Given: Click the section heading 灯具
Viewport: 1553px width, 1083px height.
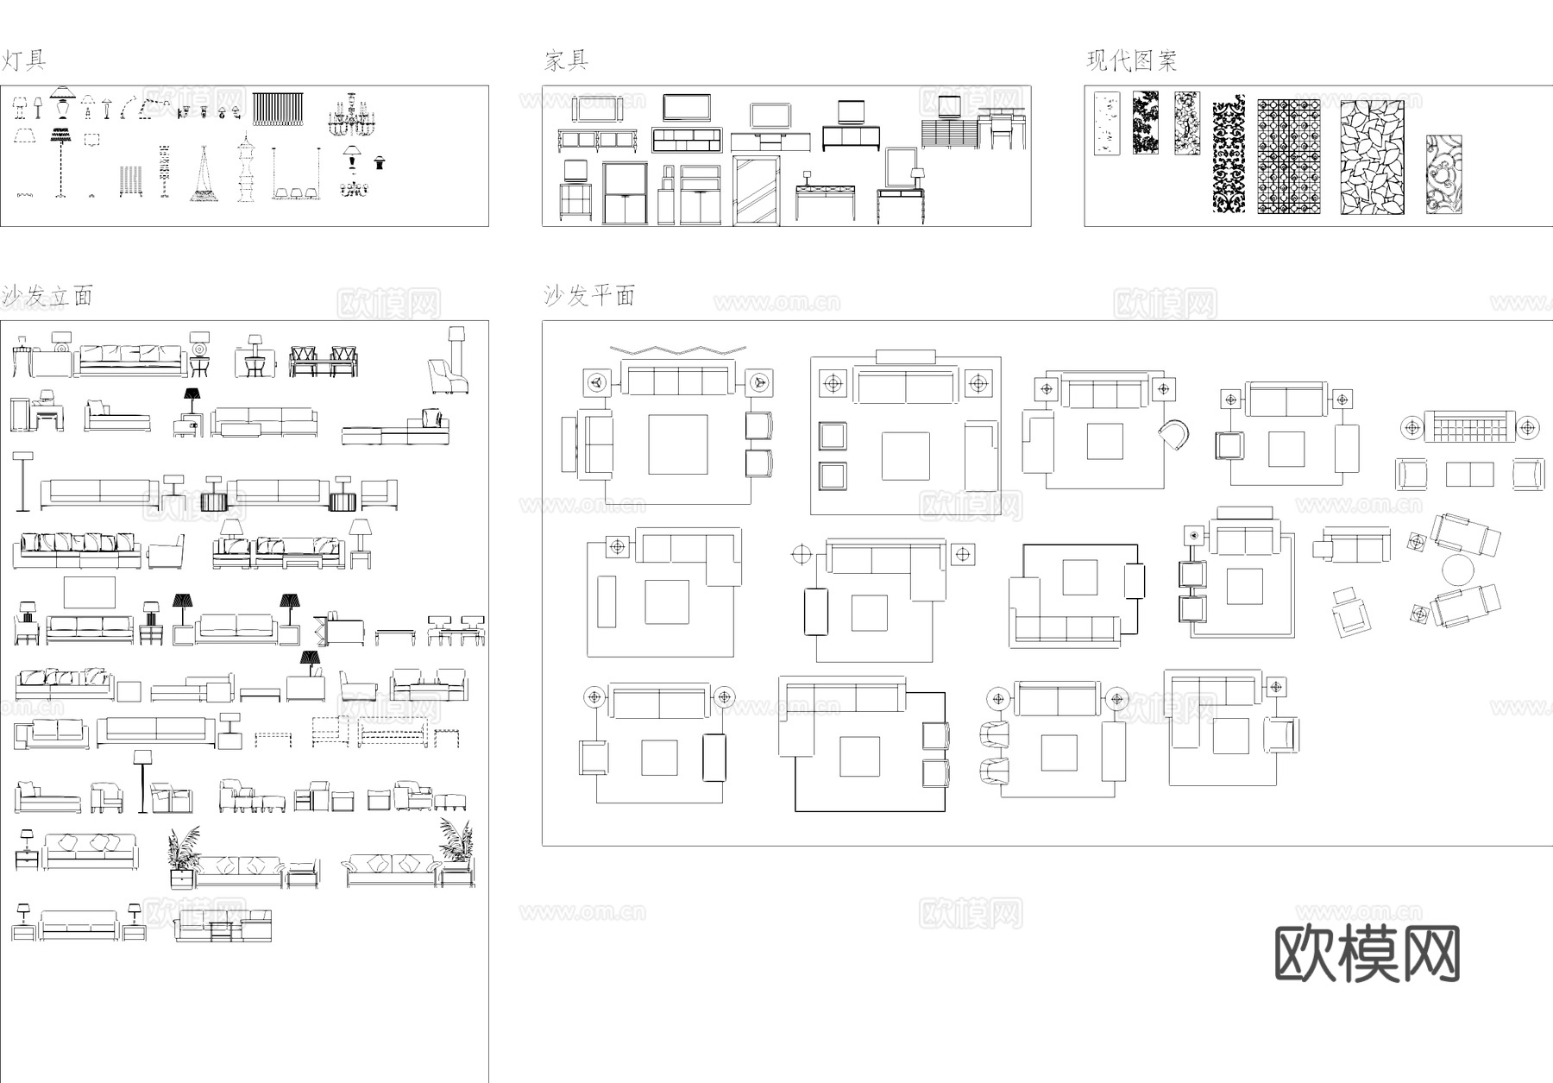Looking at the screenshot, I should [x=23, y=60].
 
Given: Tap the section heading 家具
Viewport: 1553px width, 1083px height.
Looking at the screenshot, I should [x=566, y=60].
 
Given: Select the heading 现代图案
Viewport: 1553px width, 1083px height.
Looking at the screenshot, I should [x=1131, y=60].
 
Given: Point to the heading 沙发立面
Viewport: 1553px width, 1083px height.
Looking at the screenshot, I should [x=47, y=296].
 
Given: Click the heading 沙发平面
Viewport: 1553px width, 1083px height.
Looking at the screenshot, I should [x=589, y=296].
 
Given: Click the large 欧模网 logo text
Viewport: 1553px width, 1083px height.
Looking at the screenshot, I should [x=1367, y=954].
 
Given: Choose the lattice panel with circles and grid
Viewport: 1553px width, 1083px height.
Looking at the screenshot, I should [x=1288, y=156].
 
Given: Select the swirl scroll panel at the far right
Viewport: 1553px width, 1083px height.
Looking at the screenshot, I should [x=1443, y=173].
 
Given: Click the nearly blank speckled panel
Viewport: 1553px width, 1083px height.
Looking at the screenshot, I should [x=1106, y=123].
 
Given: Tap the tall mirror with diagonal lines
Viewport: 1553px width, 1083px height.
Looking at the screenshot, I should [x=756, y=190].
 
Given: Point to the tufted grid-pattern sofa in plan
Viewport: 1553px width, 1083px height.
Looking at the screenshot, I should [x=1469, y=426].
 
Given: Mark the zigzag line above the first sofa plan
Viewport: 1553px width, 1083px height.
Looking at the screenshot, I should [x=677, y=349].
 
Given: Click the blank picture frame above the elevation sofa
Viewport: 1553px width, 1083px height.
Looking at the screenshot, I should [x=89, y=592].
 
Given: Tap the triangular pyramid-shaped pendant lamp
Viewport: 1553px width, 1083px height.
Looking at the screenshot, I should [x=204, y=175].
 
